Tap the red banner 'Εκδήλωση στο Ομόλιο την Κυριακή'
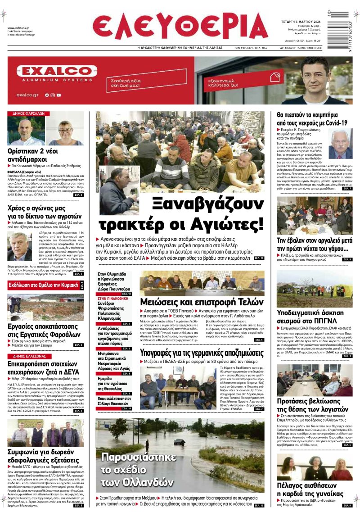coord(43,285)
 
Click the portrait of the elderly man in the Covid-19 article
coord(340,144)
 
